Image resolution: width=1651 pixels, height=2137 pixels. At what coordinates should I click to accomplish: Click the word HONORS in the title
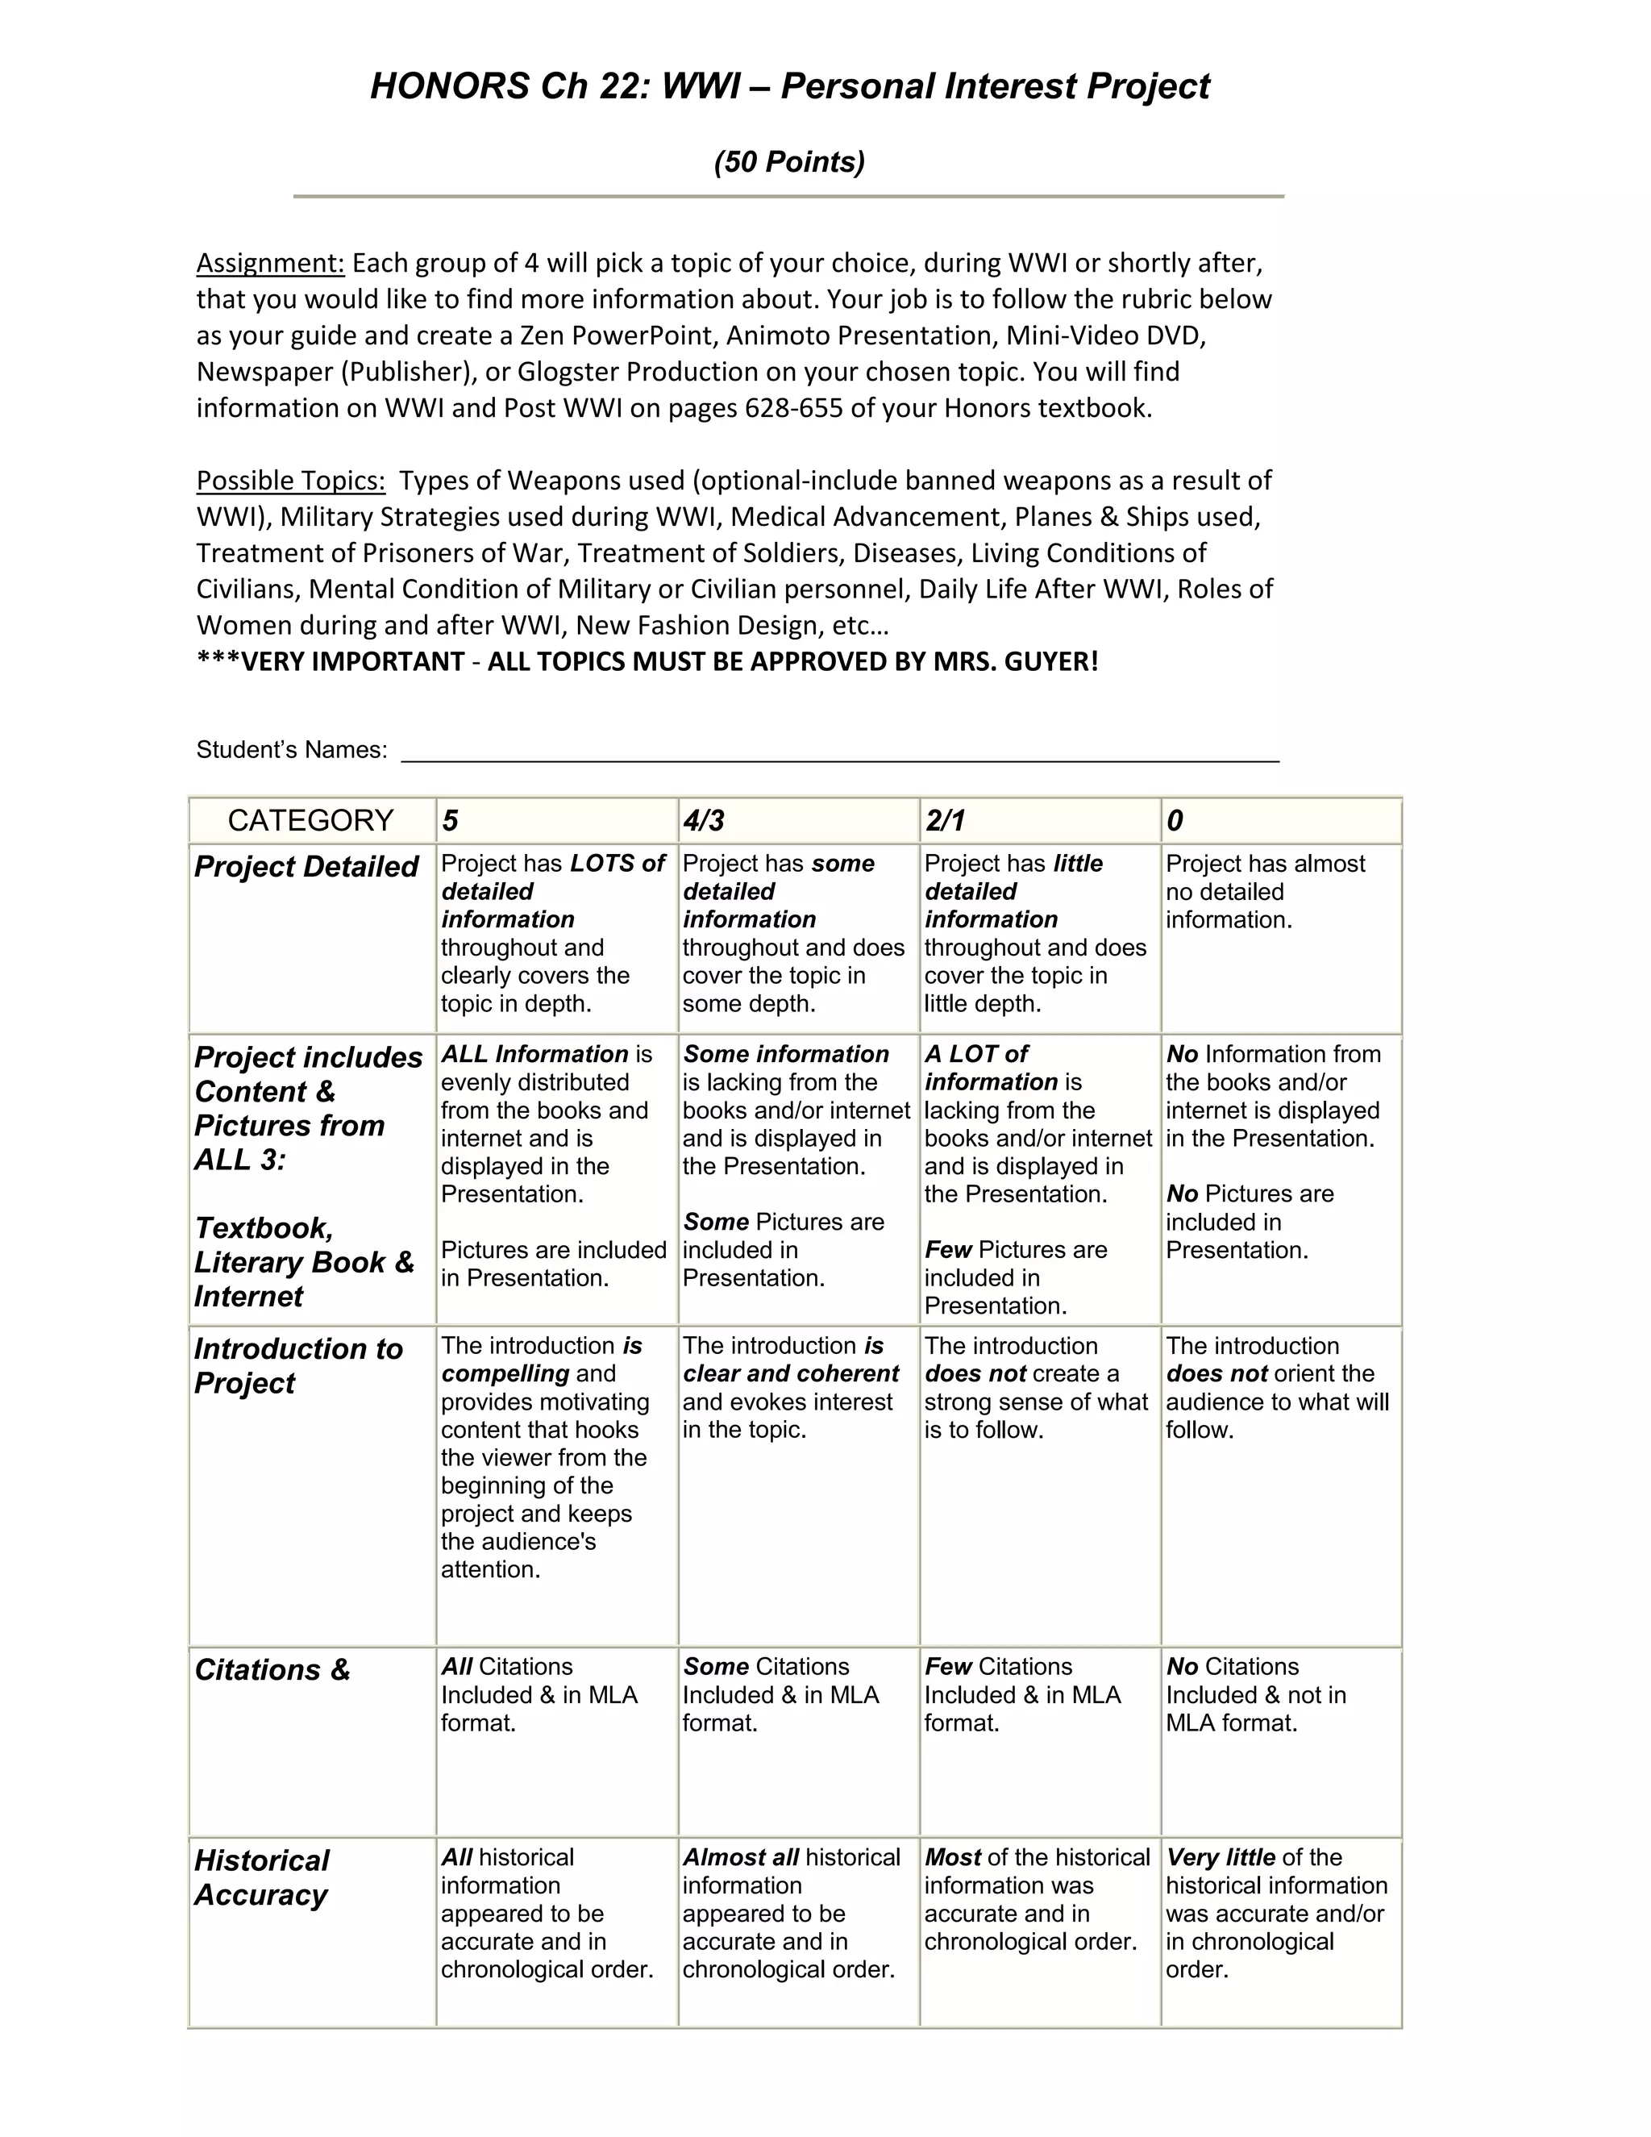tap(449, 86)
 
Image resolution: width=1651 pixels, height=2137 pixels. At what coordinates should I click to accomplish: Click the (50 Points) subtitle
tap(789, 161)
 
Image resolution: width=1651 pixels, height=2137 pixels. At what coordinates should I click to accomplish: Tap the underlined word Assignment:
tap(270, 263)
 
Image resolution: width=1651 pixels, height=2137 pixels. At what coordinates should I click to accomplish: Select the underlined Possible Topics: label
tap(290, 481)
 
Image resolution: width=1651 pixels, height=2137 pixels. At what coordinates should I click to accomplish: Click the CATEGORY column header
tap(310, 820)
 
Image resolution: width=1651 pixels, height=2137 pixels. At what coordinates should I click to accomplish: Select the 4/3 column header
tap(703, 820)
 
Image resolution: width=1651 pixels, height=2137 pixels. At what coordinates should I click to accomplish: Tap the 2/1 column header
tap(945, 820)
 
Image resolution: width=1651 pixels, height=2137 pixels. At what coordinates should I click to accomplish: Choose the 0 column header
tap(1175, 820)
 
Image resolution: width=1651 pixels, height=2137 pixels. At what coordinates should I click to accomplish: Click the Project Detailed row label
tap(306, 867)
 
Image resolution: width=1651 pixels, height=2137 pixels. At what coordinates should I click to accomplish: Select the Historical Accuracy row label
tap(262, 1877)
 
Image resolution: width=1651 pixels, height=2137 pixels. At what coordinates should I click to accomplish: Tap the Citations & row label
tap(272, 1669)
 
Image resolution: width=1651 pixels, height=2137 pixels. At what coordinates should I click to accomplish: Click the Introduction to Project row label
tap(297, 1365)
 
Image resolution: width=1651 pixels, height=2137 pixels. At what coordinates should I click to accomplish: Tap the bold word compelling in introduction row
tap(505, 1374)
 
